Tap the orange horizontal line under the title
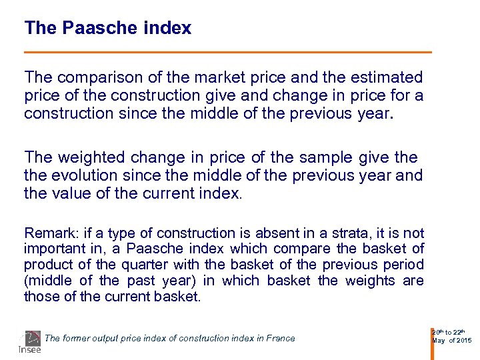[x=227, y=52]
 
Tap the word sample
[x=323, y=157]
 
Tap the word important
[x=51, y=249]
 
